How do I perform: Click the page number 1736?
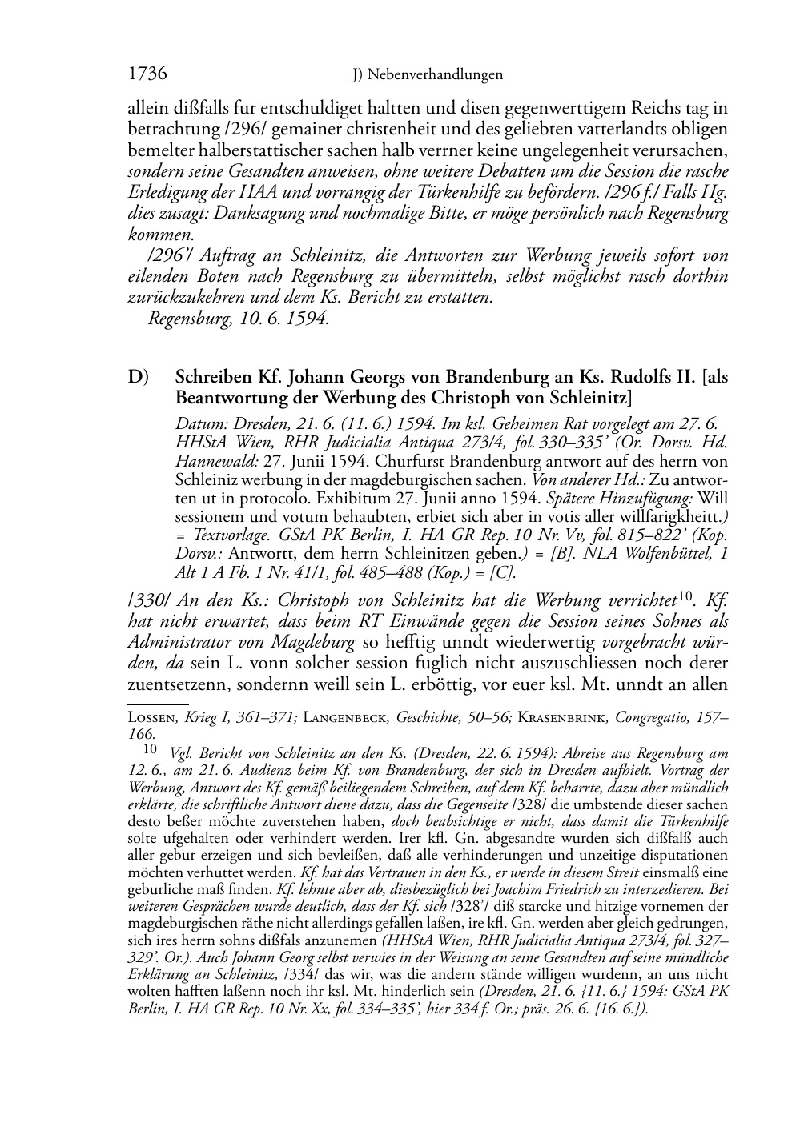[147, 74]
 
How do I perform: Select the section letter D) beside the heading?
[139, 377]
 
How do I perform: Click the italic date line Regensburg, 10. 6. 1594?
[239, 318]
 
